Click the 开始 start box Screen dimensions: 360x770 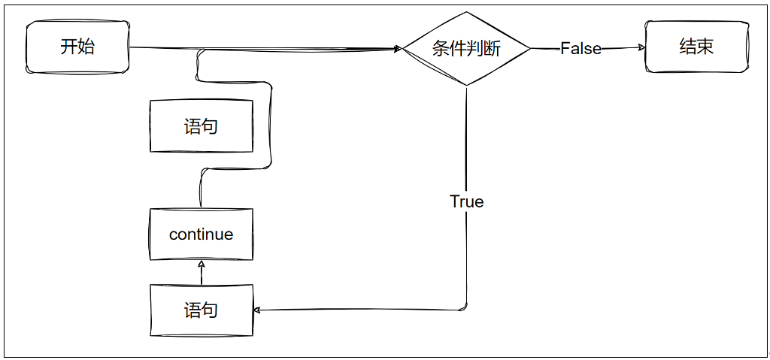pos(78,47)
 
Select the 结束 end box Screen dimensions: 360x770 pos(696,47)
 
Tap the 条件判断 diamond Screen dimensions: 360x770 pos(466,49)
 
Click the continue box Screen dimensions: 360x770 pos(201,234)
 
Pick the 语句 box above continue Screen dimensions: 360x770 pos(201,126)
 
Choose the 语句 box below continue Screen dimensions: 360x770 pos(201,310)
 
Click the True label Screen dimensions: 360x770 pos(466,201)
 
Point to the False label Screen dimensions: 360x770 pos(581,48)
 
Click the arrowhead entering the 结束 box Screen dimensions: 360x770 pos(641,47)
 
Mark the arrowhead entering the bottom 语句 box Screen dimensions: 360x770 pos(257,310)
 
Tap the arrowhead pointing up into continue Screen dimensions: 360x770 pos(201,265)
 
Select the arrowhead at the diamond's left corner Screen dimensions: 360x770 pos(398,50)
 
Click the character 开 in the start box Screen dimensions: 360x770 pos(68,47)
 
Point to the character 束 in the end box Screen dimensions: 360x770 pos(705,47)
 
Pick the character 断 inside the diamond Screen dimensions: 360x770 pos(492,49)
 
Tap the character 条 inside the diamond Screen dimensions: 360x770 pos(441,49)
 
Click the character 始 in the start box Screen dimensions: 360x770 pos(86,47)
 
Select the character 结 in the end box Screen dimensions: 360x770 pos(687,47)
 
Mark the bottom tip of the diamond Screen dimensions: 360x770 pos(466,85)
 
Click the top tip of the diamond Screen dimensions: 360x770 pos(466,13)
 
